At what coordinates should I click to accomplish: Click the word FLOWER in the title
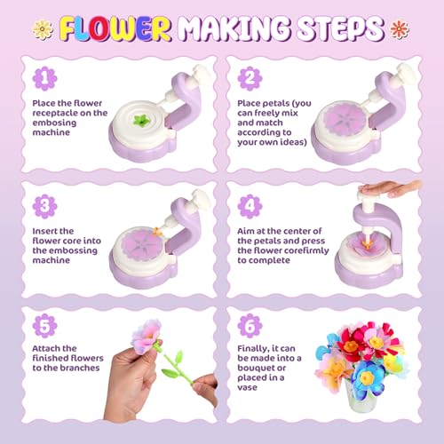click(x=103, y=29)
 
